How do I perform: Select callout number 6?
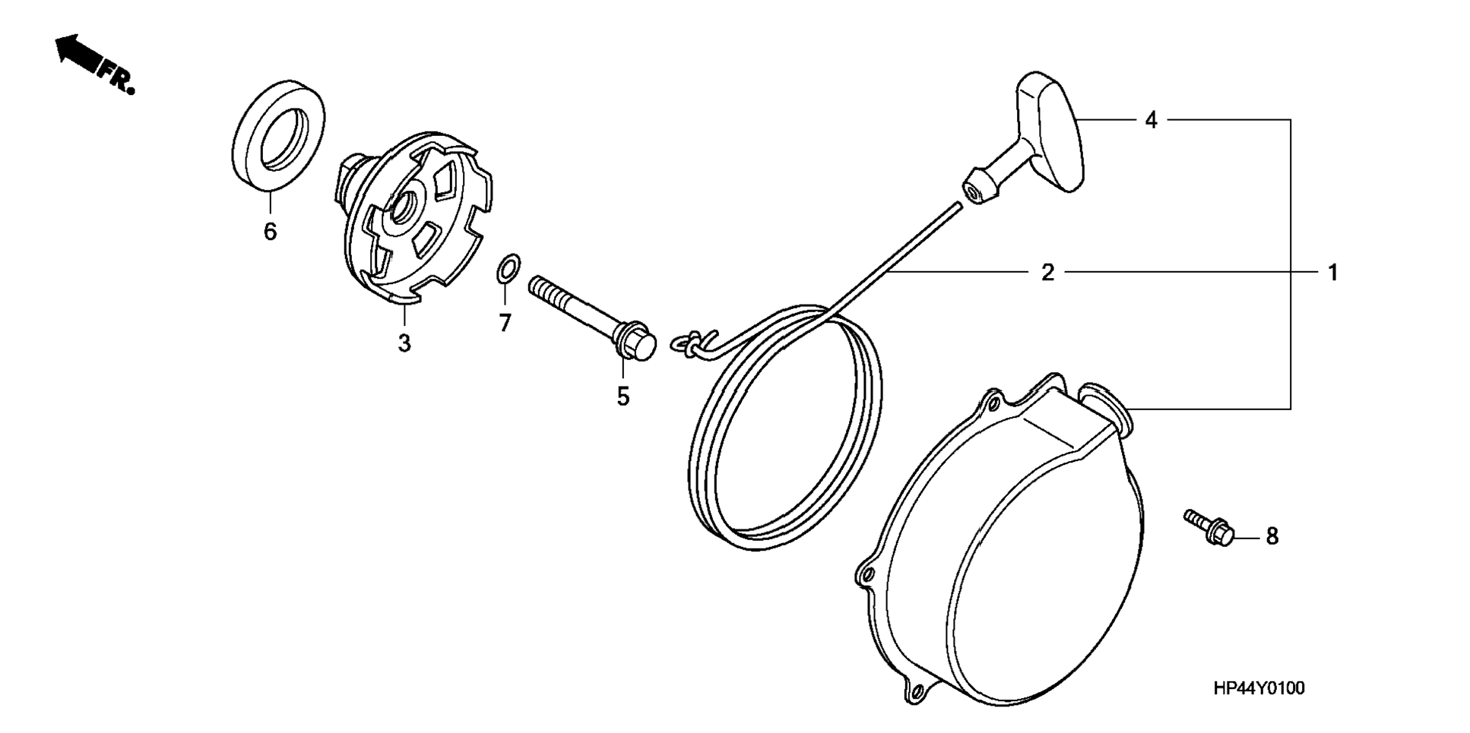pos(270,231)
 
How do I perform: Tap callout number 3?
pos(404,343)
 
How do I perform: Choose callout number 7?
pos(505,322)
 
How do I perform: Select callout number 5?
pos(623,396)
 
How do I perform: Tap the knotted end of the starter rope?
pos(692,342)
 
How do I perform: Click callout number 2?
pos(1047,272)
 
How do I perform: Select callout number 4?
pos(1151,119)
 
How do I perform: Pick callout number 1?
pos(1332,272)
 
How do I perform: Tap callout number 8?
pos(1272,536)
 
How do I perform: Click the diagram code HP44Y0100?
pos(1258,688)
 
